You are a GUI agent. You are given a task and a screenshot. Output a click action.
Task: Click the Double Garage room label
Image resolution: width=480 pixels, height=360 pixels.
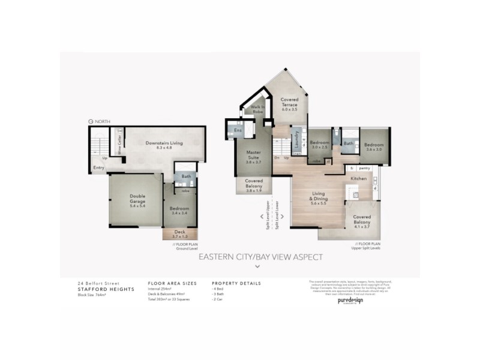138,199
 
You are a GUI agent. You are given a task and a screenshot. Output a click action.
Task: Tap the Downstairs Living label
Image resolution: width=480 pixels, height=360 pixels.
155,145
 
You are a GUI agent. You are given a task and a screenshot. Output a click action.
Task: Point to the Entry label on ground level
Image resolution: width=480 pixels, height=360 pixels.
98,168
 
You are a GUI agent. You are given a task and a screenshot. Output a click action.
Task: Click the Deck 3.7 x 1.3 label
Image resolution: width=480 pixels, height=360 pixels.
180,234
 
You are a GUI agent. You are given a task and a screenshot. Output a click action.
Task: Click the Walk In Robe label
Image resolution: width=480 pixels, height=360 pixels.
258,110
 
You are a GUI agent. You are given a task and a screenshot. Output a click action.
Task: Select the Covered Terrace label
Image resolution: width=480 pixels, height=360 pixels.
290,104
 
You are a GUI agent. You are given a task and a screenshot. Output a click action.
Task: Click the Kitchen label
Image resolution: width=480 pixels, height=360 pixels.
359,179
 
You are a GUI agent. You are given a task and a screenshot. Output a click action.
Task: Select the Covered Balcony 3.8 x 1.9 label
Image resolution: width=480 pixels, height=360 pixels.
254,187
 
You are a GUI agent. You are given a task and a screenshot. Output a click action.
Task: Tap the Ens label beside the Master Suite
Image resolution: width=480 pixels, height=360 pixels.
238,130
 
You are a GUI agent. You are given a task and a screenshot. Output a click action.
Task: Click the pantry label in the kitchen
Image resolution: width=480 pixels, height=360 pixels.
364,169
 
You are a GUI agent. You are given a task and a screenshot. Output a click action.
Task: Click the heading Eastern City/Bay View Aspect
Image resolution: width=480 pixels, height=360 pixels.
260,257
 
